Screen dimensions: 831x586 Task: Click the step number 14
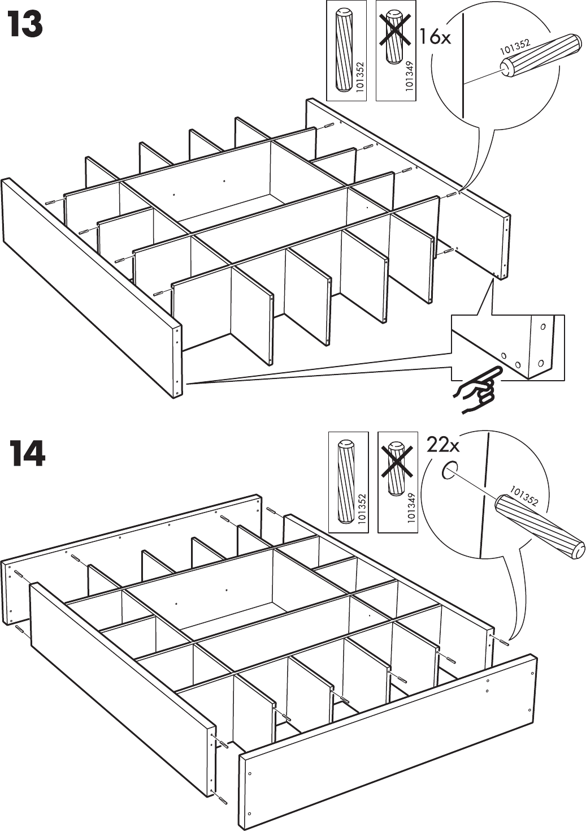[27, 455]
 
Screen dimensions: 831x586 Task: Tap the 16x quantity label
[435, 38]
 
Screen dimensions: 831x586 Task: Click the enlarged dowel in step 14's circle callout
[539, 526]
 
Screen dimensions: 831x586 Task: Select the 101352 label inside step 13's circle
[514, 46]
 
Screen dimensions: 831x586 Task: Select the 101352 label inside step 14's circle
[524, 496]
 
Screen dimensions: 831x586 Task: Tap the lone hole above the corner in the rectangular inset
[543, 327]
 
